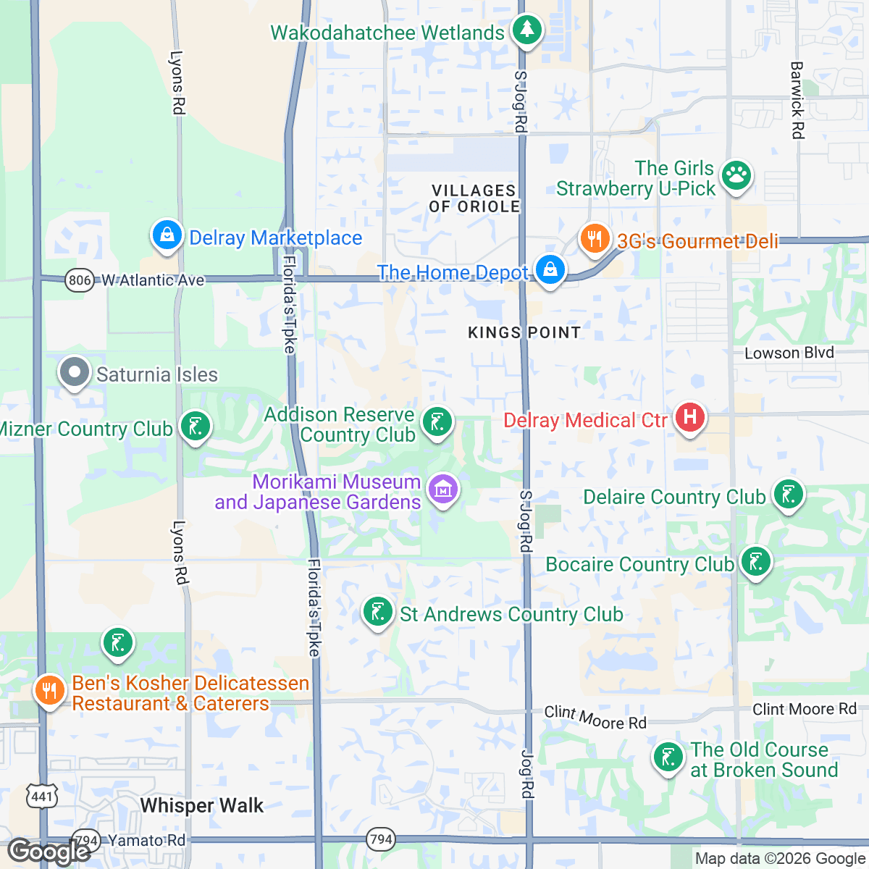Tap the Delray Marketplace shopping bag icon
click(x=167, y=235)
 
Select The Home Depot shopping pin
click(x=550, y=270)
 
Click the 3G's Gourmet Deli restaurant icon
click(x=594, y=238)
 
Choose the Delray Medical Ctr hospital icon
click(x=689, y=418)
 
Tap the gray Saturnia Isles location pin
click(x=73, y=372)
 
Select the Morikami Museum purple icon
click(x=442, y=489)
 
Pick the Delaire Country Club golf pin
click(x=788, y=495)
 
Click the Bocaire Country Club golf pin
click(x=755, y=562)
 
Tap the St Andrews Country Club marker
click(x=377, y=612)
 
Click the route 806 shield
click(x=79, y=280)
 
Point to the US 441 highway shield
click(x=41, y=797)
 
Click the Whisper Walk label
click(x=201, y=805)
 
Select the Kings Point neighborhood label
click(x=524, y=332)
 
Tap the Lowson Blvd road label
click(x=789, y=353)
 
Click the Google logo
click(x=49, y=852)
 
